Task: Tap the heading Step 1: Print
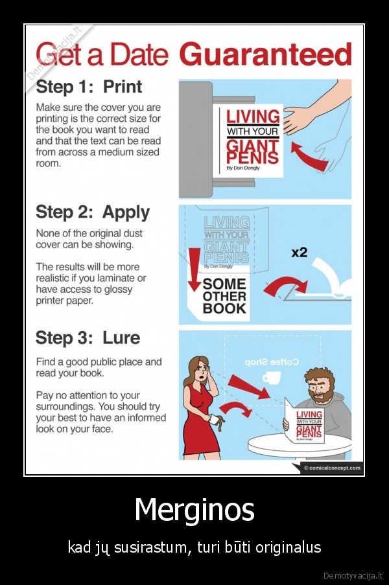pos(89,87)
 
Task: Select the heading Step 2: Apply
pos(93,212)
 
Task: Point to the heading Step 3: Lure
pos(88,338)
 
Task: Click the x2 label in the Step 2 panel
pos(299,253)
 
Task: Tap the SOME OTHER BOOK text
pos(224,296)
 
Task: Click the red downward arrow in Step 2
pos(194,270)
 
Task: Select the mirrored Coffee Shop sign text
pos(272,362)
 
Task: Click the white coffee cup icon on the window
pos(272,378)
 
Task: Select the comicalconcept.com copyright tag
pos(332,468)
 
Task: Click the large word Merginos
pos(194,510)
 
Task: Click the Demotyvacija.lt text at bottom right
pos(353,575)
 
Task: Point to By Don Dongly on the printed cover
pos(243,168)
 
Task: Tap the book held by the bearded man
pos(304,422)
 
